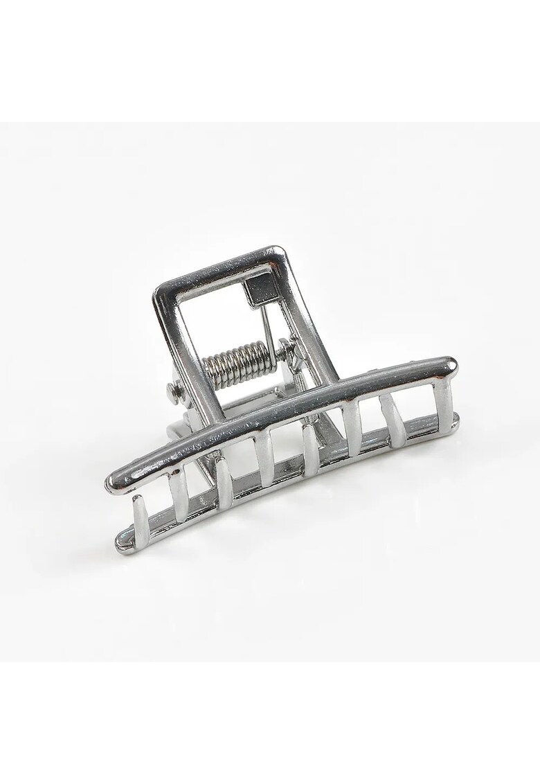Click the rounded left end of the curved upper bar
(x=114, y=483)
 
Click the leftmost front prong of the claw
(x=140, y=515)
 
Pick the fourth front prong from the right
(x=310, y=450)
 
